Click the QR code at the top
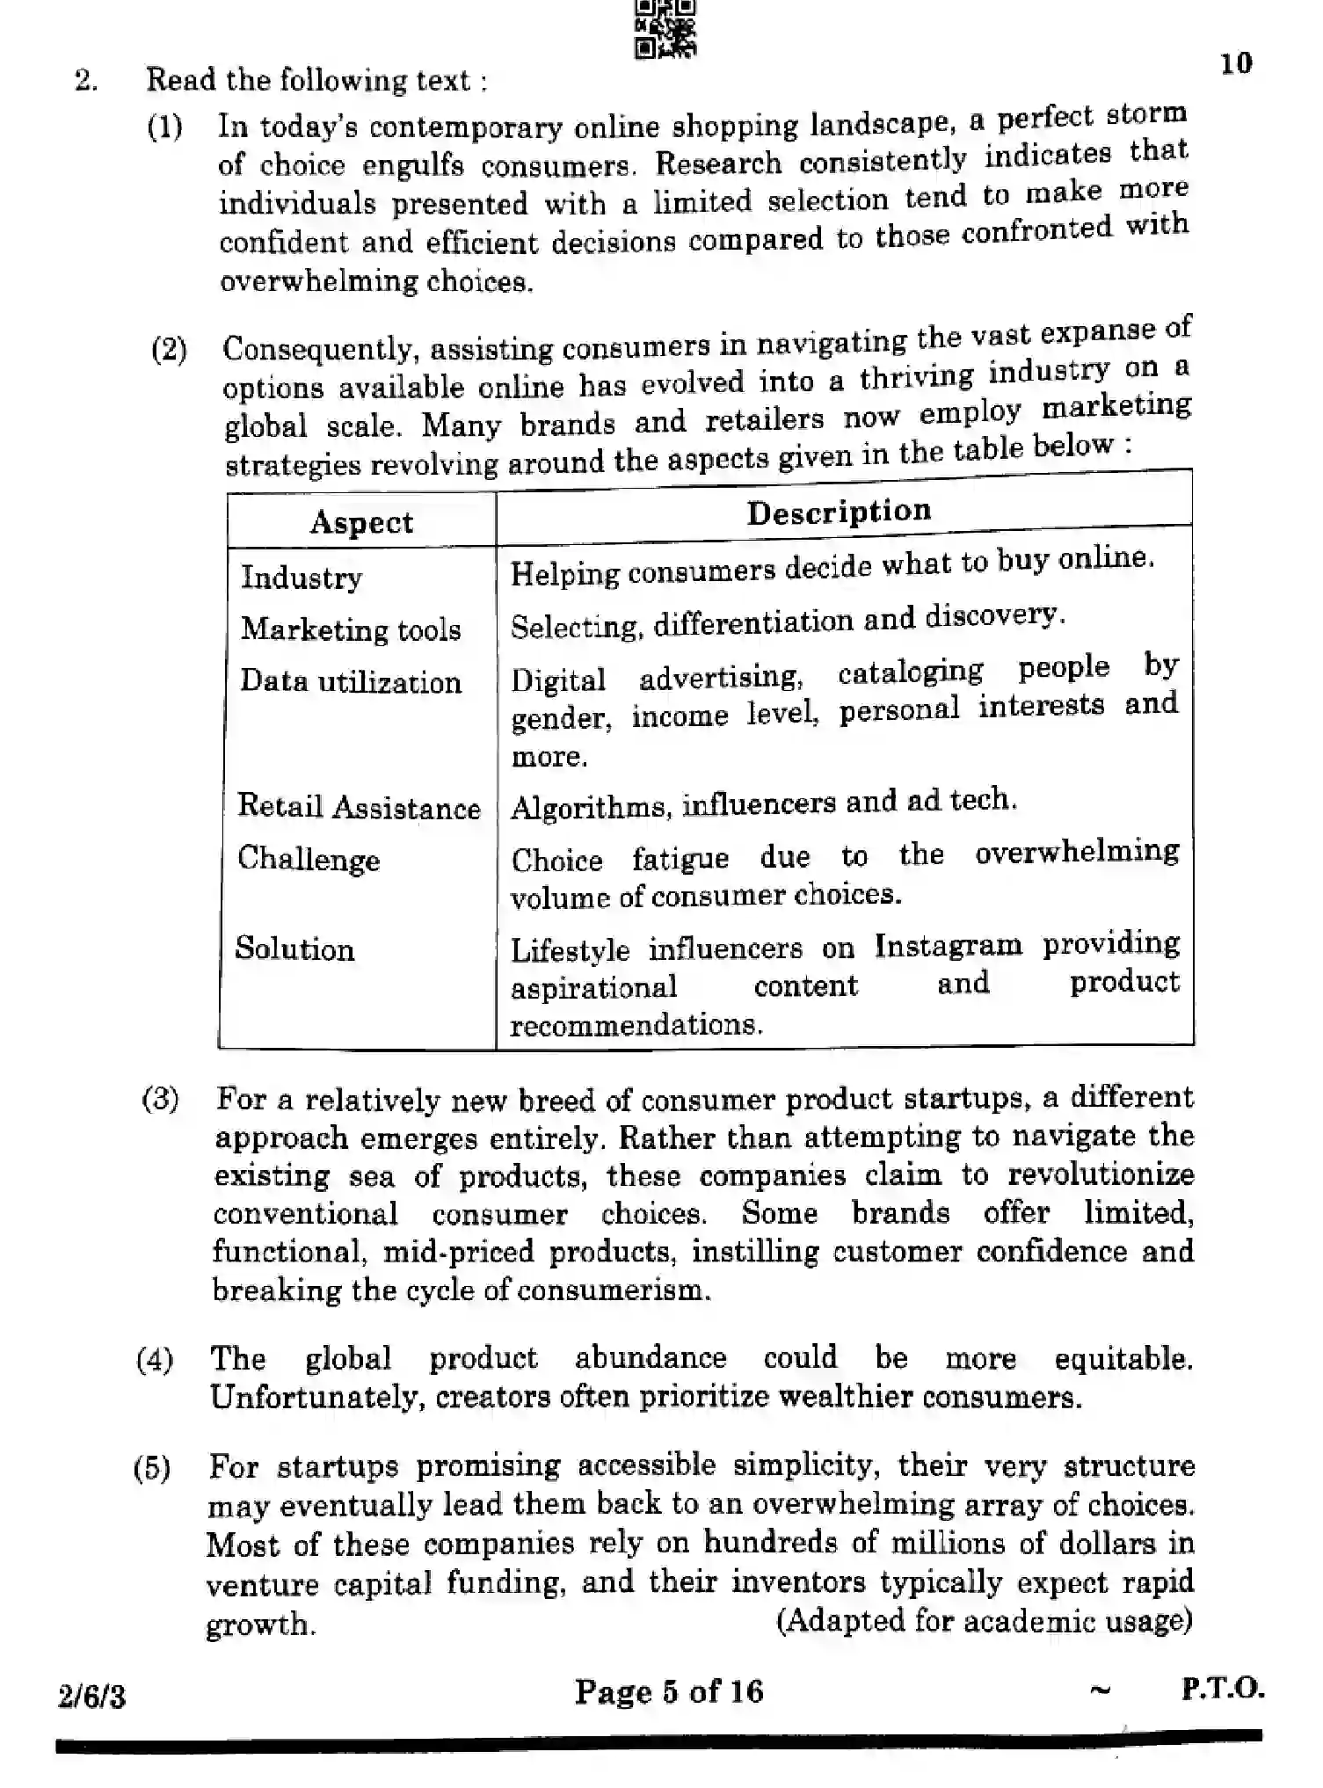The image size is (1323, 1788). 665,29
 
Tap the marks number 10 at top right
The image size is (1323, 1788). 1236,63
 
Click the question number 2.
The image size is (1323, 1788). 85,81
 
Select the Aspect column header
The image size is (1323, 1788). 361,522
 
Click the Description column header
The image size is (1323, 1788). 839,511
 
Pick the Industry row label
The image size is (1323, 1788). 302,578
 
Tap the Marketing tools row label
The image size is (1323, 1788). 351,629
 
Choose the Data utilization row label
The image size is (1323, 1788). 351,681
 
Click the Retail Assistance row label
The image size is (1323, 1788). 359,807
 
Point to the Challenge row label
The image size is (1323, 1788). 309,859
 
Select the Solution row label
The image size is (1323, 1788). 294,949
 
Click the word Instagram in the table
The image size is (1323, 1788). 948,945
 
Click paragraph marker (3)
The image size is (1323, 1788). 160,1099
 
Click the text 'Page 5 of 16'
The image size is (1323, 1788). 669,1691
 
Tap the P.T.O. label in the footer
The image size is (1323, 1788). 1222,1688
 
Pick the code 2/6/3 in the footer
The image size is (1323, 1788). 91,1696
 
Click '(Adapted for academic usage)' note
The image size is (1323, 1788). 984,1620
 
